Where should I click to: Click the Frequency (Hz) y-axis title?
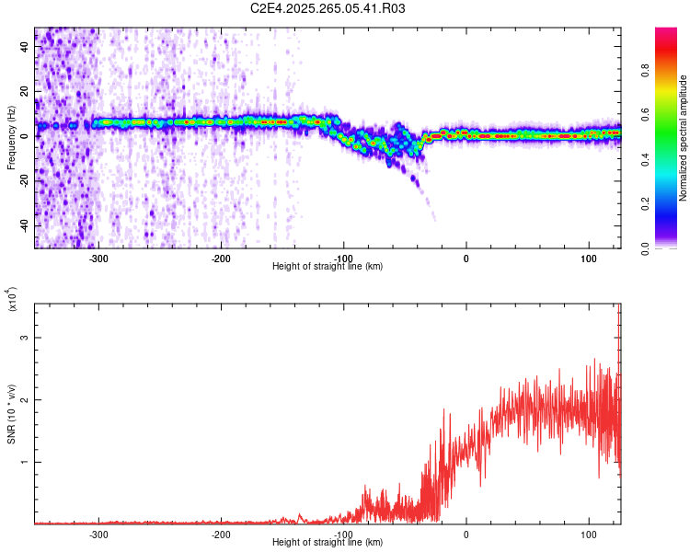(11, 137)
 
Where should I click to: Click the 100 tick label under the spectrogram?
(588, 258)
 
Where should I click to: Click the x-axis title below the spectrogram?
(328, 267)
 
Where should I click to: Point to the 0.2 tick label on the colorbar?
(673, 204)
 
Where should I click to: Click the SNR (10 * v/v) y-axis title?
(11, 413)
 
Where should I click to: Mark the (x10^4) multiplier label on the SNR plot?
(12, 300)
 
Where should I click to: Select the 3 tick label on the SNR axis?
(25, 338)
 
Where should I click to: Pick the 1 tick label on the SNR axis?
(25, 462)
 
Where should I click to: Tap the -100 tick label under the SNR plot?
(343, 534)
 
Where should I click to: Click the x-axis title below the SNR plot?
(328, 543)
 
